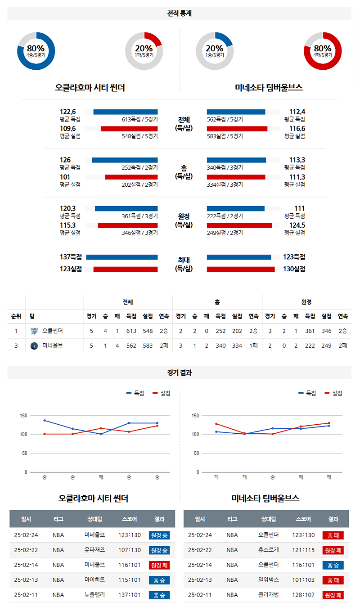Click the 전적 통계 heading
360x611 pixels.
180,13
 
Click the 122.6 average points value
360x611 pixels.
68,112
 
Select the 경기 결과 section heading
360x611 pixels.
180,373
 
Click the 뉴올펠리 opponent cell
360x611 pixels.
94,595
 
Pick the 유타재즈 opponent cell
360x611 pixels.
94,550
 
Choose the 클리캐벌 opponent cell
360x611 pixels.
269,595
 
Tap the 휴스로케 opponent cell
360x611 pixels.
269,550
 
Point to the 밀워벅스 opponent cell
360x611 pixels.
269,580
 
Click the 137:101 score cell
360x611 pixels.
130,595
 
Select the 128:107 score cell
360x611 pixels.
303,595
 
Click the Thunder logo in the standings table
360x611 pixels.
34,331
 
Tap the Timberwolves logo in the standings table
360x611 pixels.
34,346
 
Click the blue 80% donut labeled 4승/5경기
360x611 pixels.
36,51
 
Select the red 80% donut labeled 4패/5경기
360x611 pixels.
323,51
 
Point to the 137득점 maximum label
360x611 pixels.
71,257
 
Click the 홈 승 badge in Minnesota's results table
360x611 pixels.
333,565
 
